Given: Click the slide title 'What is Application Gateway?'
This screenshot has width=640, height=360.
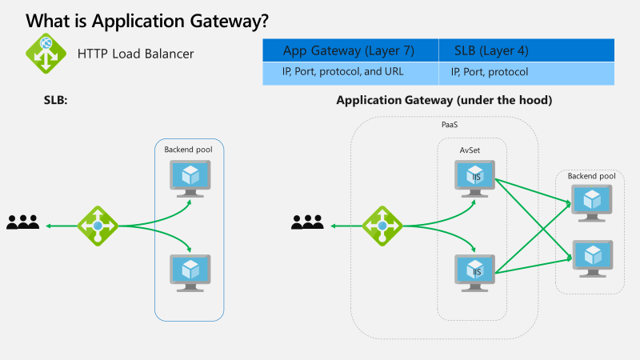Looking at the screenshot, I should click(146, 22).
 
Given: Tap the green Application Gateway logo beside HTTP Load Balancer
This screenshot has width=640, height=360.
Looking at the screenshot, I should click(46, 54).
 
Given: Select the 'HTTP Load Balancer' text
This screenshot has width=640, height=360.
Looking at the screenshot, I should click(135, 54).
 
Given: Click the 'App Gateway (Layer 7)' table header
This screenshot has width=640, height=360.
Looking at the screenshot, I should click(349, 50).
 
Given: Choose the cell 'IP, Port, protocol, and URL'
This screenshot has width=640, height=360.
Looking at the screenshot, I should click(343, 72).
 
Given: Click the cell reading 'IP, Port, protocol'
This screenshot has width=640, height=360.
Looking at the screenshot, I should click(489, 72).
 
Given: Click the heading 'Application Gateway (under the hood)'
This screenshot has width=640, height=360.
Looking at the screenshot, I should click(444, 101).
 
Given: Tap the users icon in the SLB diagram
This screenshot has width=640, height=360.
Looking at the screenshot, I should click(23, 223).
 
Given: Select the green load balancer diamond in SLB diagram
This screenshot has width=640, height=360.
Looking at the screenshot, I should click(98, 226).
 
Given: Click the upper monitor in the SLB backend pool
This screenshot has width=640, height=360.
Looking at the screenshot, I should click(190, 177).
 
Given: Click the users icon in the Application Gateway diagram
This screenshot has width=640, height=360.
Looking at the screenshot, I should click(307, 223).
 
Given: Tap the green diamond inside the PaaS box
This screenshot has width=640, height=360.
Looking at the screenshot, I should click(382, 226).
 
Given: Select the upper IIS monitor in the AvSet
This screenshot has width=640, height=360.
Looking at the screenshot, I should click(475, 177).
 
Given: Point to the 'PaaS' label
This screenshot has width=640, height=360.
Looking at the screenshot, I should click(450, 126).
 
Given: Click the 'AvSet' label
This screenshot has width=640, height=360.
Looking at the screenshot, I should click(470, 149).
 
